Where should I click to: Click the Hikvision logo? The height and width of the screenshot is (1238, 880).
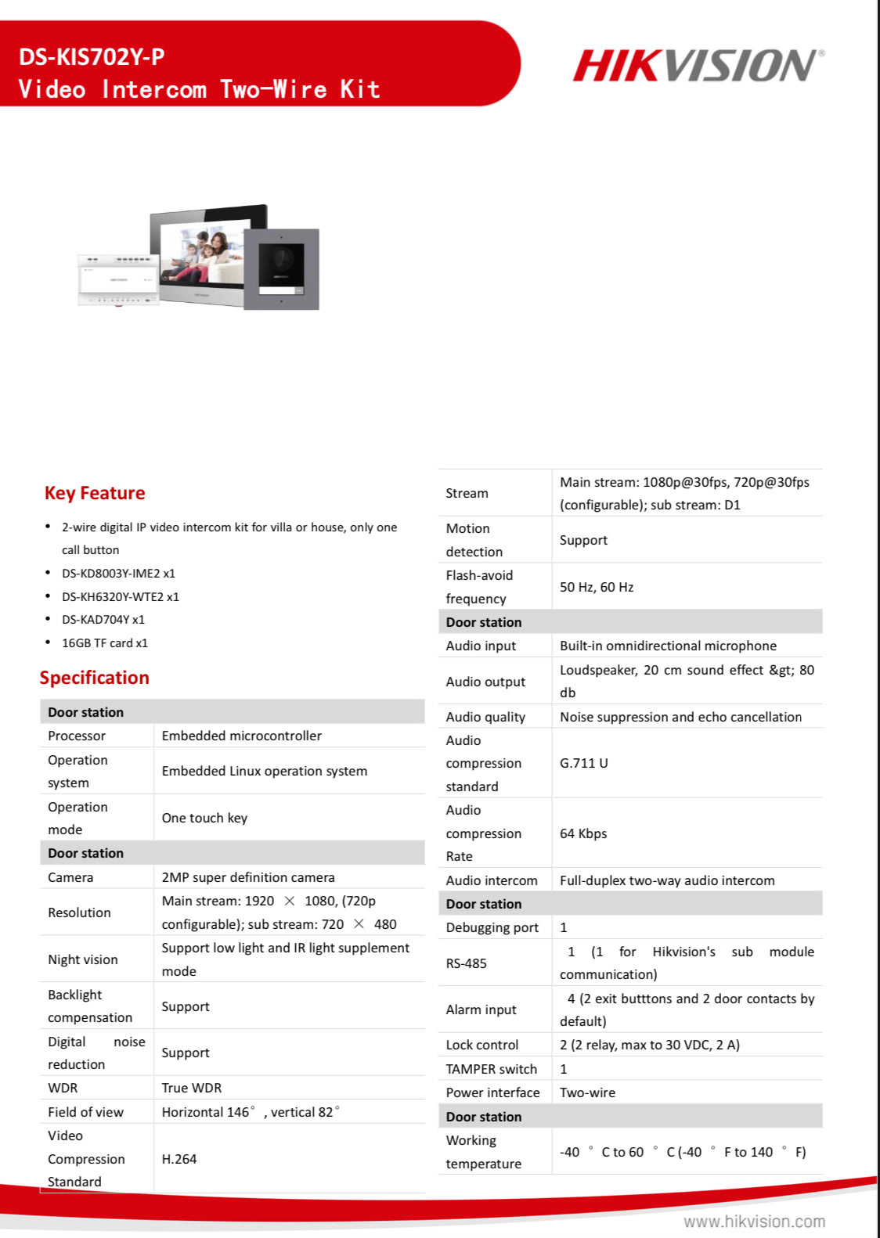point(698,66)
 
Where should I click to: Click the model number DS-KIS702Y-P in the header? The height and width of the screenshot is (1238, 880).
point(92,57)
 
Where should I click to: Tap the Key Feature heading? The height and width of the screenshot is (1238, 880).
point(95,493)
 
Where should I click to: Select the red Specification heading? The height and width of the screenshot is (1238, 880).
point(95,678)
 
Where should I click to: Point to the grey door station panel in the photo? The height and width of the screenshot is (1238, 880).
point(281,268)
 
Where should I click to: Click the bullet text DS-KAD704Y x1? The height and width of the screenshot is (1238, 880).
point(103,620)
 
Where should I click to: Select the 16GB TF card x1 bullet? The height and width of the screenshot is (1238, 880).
point(105,643)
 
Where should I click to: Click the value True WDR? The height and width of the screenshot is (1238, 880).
point(192,1088)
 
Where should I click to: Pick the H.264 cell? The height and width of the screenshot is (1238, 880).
point(179,1159)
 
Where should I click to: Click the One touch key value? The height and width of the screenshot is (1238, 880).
point(204,818)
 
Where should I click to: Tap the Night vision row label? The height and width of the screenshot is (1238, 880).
point(83,959)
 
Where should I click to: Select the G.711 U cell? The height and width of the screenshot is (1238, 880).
point(584,763)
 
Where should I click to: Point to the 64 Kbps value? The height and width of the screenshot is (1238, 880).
point(583,833)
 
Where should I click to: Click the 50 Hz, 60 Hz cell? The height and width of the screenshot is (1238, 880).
point(597,587)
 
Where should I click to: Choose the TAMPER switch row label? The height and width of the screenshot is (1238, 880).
point(492,1069)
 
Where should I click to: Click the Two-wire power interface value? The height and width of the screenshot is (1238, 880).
point(587,1092)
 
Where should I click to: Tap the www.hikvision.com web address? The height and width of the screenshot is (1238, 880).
point(754,1222)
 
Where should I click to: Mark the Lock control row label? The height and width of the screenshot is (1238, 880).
point(482,1045)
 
